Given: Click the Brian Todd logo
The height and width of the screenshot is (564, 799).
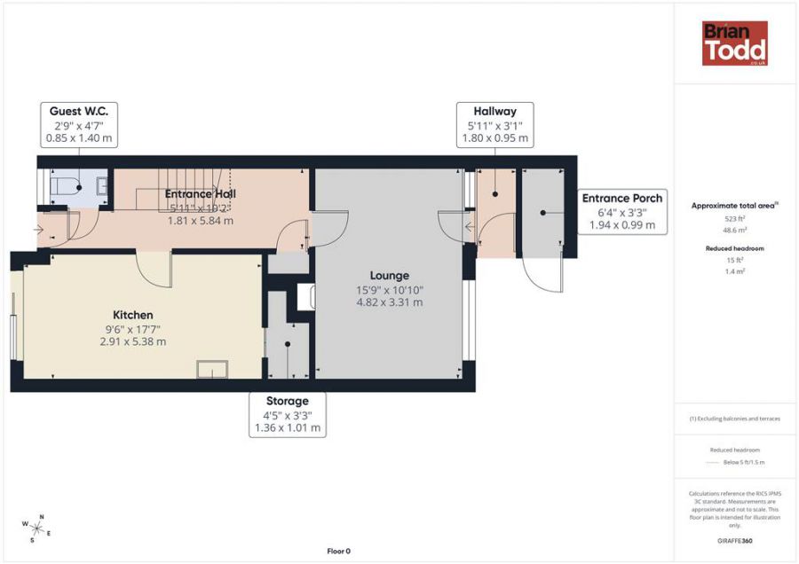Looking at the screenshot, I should [x=734, y=43].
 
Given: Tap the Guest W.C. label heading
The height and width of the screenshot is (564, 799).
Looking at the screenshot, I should [x=80, y=111].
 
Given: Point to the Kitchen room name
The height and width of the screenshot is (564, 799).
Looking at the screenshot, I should [x=132, y=315].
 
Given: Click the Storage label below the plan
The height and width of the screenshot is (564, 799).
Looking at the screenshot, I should [x=287, y=401].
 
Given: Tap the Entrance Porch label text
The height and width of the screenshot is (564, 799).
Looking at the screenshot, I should [x=621, y=199].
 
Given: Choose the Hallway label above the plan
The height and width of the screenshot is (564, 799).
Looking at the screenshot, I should [x=494, y=111].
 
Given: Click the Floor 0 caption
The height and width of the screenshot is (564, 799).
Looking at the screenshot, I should [x=338, y=551].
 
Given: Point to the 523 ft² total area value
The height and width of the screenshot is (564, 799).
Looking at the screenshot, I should [x=734, y=218].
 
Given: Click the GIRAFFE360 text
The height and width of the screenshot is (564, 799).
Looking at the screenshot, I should [x=734, y=541].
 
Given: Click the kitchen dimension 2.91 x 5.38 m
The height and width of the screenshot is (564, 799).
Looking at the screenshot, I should [x=132, y=341].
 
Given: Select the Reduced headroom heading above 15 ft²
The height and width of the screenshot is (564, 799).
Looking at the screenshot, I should [x=734, y=248].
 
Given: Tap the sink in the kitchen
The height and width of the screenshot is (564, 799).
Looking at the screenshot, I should [x=213, y=369].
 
